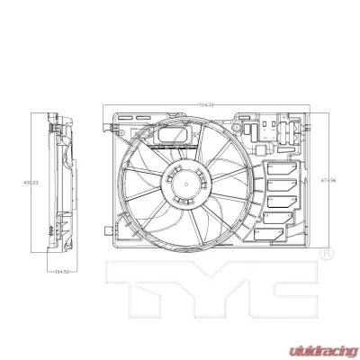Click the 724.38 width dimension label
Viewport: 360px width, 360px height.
pos(206,106)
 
